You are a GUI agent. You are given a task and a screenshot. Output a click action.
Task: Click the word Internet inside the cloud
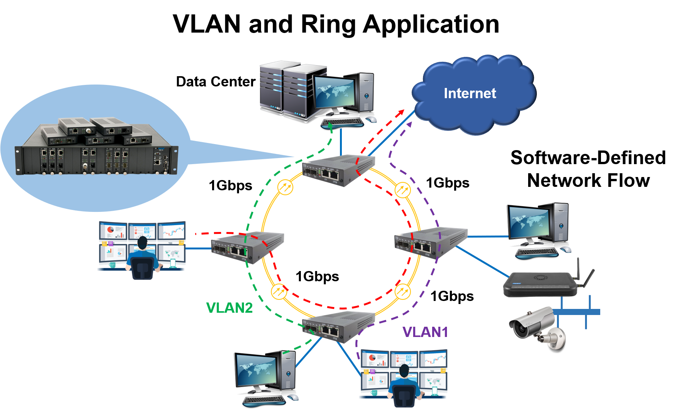point(470,93)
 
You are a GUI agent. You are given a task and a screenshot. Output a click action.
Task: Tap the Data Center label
point(216,81)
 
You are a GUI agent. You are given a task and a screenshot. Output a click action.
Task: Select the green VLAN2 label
point(229,308)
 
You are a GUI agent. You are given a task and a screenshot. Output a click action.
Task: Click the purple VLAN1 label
point(425,332)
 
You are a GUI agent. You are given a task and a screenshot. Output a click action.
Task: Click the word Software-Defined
point(588,158)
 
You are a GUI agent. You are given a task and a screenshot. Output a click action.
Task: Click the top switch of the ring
point(338,171)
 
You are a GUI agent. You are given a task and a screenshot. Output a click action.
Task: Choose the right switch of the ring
point(431,243)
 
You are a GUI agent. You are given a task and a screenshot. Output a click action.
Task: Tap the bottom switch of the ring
point(338,327)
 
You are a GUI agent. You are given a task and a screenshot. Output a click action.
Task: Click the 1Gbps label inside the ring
point(317,277)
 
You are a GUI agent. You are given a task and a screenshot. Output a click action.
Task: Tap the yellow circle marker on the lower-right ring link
point(403,292)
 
